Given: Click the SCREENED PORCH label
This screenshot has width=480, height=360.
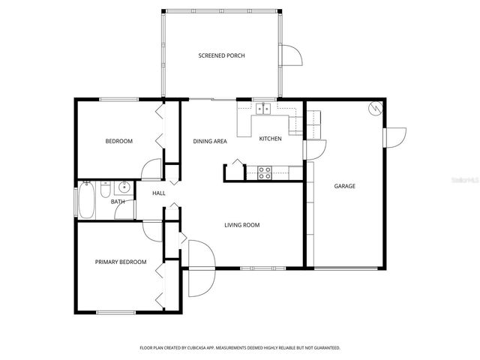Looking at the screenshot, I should (221, 55).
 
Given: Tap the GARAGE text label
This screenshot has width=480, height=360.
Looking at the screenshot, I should (344, 186).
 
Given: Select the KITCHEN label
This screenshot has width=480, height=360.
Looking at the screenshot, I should (270, 139).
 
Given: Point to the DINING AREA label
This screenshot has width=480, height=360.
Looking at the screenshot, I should (210, 141).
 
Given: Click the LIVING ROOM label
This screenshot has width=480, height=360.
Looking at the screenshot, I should (242, 224).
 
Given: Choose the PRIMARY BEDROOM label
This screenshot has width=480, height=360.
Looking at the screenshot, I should (120, 262).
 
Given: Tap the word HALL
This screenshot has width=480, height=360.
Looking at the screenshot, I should (158, 193).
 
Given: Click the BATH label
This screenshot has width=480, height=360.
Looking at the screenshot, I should (118, 202).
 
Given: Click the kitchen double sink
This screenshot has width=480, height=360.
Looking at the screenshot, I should (262, 109).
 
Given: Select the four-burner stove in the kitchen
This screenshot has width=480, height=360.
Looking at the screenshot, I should (265, 172).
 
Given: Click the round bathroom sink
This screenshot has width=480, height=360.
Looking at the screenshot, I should (124, 187).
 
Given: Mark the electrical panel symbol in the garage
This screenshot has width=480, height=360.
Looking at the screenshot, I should (373, 109).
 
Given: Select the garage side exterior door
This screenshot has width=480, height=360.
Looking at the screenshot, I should (394, 138).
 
